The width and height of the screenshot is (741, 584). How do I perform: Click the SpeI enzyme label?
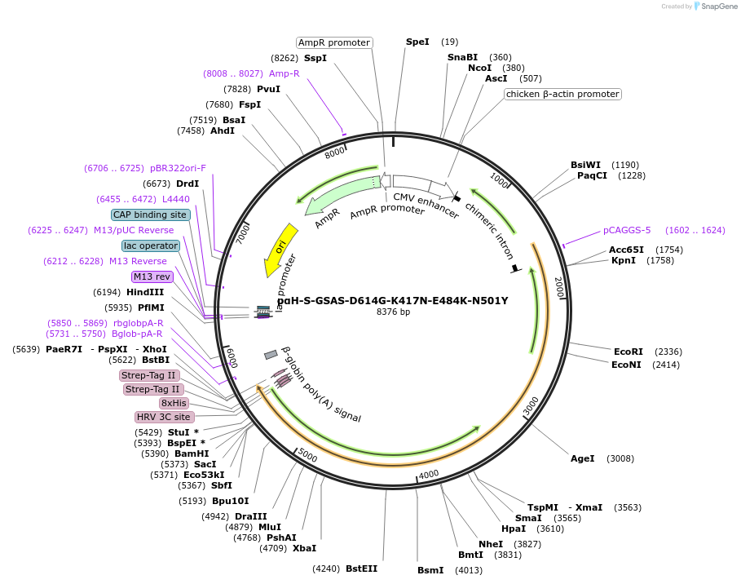(x=417, y=42)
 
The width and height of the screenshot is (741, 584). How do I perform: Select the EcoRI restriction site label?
(x=629, y=352)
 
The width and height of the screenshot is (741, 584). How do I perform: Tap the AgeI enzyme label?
(x=583, y=458)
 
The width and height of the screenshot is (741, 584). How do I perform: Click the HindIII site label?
(x=145, y=292)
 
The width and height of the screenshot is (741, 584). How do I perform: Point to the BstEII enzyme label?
(x=362, y=569)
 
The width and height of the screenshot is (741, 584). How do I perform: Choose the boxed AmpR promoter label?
(x=334, y=42)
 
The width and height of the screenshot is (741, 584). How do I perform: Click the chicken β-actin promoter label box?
(x=562, y=94)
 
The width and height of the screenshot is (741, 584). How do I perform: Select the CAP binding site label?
(x=151, y=215)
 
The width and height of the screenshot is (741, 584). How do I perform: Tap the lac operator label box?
(x=151, y=246)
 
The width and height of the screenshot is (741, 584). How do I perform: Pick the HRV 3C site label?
(x=165, y=417)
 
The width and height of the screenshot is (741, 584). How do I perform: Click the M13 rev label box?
(x=152, y=277)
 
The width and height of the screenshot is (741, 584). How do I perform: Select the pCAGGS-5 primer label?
(x=627, y=230)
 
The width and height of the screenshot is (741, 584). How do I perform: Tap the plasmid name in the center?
(x=392, y=300)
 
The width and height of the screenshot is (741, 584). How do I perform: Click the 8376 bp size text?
(x=393, y=312)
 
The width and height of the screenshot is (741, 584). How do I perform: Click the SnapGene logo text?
(x=718, y=7)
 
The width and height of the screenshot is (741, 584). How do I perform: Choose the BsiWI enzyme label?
(x=585, y=165)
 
